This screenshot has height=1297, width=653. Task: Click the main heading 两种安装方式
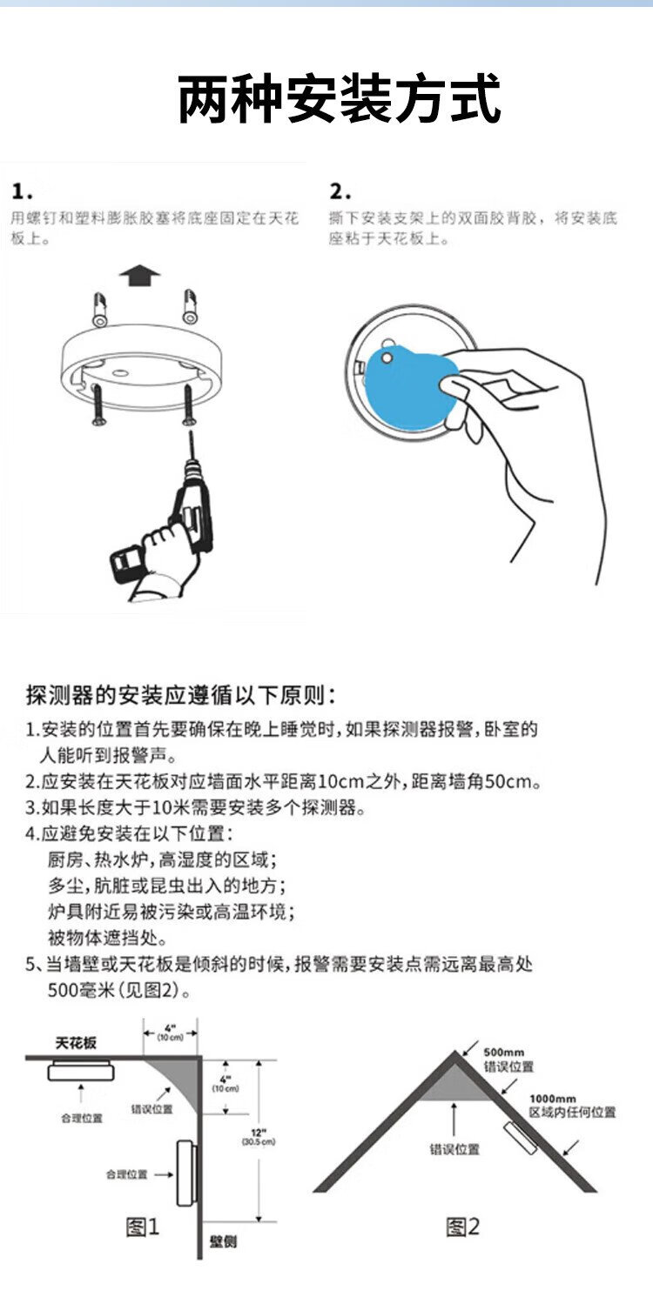pos(339,99)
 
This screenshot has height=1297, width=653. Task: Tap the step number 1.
pos(22,191)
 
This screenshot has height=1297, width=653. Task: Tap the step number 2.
pos(340,191)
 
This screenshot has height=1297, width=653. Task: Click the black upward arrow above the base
pos(139,275)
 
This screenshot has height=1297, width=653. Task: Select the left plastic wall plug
pos(99,309)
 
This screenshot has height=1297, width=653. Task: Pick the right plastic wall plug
pos(190,307)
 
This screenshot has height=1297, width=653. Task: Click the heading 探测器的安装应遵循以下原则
pos(180,695)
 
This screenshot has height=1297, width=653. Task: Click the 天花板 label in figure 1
pos(76,1043)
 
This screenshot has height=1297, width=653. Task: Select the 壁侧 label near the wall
pos(223,1241)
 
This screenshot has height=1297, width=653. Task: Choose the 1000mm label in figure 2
pos(553,1099)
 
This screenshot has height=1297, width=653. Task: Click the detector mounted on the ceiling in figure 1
pos(81,1072)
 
